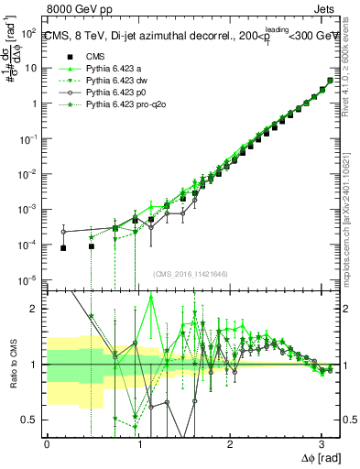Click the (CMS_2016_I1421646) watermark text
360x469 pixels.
click(x=191, y=273)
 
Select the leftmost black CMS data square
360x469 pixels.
click(x=63, y=248)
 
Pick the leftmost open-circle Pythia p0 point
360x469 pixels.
click(x=63, y=232)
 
